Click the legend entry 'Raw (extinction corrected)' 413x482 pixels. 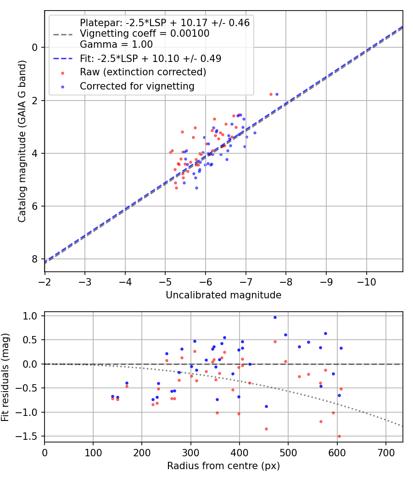[x=143, y=72]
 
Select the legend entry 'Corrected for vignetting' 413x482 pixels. [x=137, y=86]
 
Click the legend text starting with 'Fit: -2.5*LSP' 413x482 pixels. [x=151, y=58]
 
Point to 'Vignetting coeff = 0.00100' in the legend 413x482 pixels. [x=145, y=34]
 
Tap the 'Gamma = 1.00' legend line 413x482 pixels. [x=116, y=45]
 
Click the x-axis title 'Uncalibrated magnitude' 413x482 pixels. [x=223, y=295]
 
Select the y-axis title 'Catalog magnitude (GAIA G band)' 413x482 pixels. [x=22, y=141]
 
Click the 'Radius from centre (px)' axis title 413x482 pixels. [x=223, y=466]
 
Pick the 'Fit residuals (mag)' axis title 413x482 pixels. [x=6, y=376]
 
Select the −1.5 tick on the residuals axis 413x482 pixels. [x=30, y=436]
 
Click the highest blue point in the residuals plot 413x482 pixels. [x=275, y=317]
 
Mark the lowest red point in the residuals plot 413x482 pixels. [x=339, y=436]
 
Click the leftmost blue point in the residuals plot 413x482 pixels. [x=112, y=396]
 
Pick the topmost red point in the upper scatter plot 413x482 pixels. [x=271, y=94]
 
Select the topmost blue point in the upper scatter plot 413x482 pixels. [x=277, y=94]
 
